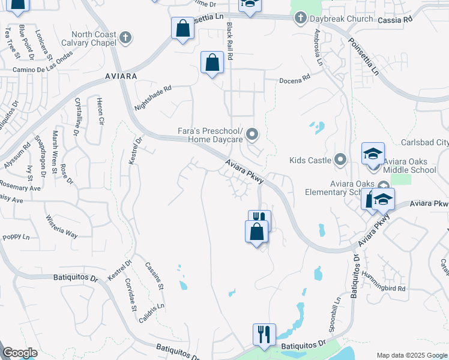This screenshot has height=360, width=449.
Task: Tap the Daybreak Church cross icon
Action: pyautogui.click(x=300, y=19)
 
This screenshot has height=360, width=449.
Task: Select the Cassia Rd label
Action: pyautogui.click(x=396, y=19)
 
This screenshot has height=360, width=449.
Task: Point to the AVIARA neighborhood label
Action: pyautogui.click(x=121, y=77)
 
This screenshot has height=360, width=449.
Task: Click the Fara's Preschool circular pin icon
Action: pyautogui.click(x=252, y=135)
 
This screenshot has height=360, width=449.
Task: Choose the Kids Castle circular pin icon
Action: pyautogui.click(x=341, y=160)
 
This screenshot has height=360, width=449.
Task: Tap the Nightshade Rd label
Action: pyautogui.click(x=153, y=97)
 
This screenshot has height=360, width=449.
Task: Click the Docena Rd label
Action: pyautogui.click(x=294, y=78)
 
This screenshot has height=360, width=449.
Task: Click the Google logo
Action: pyautogui.click(x=20, y=353)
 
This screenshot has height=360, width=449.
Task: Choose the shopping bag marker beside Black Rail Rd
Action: pyautogui.click(x=212, y=62)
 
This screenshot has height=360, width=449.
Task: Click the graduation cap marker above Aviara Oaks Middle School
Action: pyautogui.click(x=373, y=154)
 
